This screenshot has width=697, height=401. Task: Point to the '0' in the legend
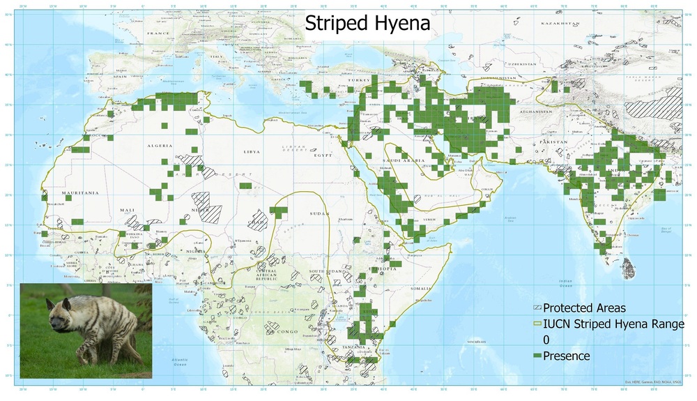tap(546, 340)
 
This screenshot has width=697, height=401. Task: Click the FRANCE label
tap(158, 33)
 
